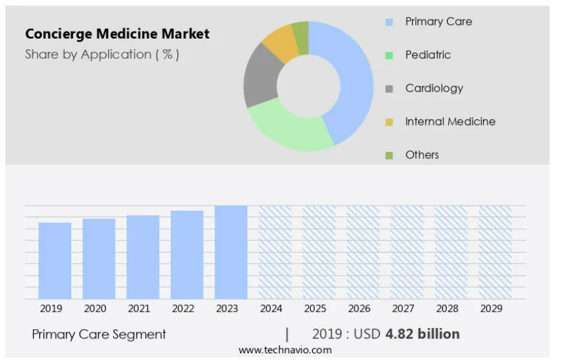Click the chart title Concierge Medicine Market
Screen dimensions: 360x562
pyautogui.click(x=118, y=34)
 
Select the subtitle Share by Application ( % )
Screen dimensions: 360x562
pyautogui.click(x=102, y=54)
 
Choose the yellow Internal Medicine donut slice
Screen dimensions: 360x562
pyautogui.click(x=280, y=42)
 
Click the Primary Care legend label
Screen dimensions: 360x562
pyautogui.click(x=438, y=22)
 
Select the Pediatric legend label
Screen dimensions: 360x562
pyautogui.click(x=428, y=55)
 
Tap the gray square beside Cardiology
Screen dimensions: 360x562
pyautogui.click(x=389, y=88)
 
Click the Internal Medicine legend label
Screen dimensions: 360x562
pyautogui.click(x=450, y=122)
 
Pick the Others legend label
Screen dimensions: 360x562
pyautogui.click(x=422, y=155)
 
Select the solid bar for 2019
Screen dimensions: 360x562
pyautogui.click(x=55, y=261)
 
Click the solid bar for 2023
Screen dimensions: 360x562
pyautogui.click(x=231, y=252)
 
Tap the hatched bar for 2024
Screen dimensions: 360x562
pyautogui.click(x=275, y=252)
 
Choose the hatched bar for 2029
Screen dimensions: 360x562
pyautogui.click(x=495, y=252)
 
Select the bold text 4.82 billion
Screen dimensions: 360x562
pyautogui.click(x=423, y=334)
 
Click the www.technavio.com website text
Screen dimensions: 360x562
pyautogui.click(x=285, y=350)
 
